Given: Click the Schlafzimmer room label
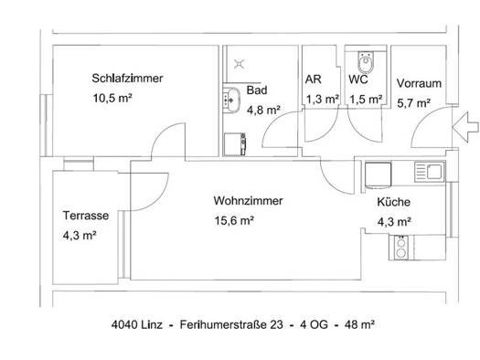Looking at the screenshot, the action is [x=127, y=79].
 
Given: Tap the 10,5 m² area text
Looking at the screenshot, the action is [x=112, y=98].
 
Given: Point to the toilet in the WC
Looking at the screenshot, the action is [x=366, y=62].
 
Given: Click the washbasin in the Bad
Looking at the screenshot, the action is [x=231, y=100].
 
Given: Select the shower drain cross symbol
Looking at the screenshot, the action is [x=239, y=64].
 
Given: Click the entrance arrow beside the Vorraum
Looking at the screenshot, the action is [x=465, y=127].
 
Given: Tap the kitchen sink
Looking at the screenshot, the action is [x=430, y=172].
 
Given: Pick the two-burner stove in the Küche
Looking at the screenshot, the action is [x=400, y=248].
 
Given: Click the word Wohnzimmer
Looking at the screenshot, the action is [x=248, y=201].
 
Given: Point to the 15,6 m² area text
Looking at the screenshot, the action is [x=234, y=220].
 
